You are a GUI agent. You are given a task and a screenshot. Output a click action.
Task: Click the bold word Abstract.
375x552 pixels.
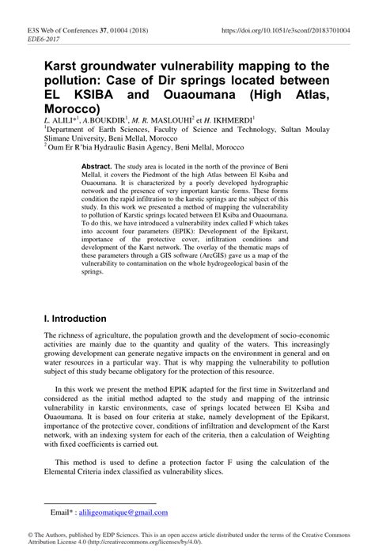(97, 167)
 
